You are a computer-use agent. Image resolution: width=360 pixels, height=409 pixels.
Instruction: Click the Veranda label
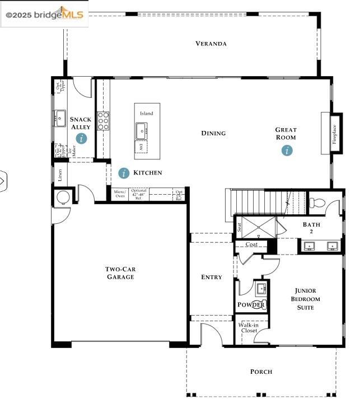pos(211,44)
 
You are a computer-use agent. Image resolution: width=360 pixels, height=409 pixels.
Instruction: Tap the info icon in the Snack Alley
pos(82,138)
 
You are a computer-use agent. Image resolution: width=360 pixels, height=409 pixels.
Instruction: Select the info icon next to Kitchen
pos(124,173)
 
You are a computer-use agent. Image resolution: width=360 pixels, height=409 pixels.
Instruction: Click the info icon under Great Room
pos(287,150)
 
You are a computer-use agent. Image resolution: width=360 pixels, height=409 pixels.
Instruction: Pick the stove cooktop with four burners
pos(104,121)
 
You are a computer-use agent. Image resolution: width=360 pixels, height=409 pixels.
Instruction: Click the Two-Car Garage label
pos(120,273)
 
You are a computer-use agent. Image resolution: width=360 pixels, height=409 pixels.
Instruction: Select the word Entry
pos(212,277)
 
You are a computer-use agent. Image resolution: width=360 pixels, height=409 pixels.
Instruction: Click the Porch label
pos(261,372)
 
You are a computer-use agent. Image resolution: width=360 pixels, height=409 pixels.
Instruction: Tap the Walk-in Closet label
pos(249,328)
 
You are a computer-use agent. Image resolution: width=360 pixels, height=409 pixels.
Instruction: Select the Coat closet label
pos(251,245)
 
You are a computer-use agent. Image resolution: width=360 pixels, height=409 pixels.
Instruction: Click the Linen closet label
pos(60,175)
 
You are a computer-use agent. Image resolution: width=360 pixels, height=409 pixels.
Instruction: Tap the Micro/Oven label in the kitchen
pos(120,194)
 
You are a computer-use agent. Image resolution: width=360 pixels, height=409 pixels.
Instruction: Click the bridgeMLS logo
pos(44,15)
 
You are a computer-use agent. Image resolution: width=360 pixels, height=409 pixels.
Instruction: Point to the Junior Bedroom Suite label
pos(306,299)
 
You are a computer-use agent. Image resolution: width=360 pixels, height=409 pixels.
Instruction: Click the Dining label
pos(213,133)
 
